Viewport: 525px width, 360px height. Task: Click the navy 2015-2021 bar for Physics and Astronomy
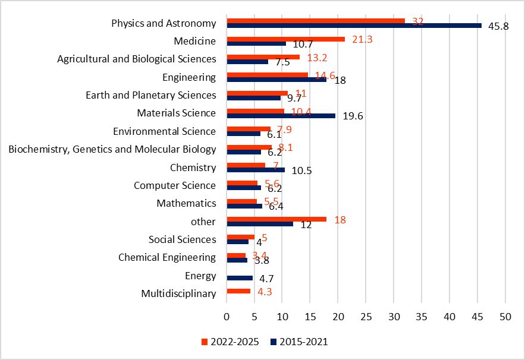pyautogui.click(x=354, y=26)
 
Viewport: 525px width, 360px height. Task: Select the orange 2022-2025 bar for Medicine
pyautogui.click(x=286, y=39)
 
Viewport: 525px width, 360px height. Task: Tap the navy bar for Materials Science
pyautogui.click(x=281, y=116)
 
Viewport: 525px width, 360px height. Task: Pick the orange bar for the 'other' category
pyautogui.click(x=276, y=219)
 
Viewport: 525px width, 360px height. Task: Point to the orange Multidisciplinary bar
pyautogui.click(x=239, y=291)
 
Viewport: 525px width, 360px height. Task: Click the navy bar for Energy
pyautogui.click(x=240, y=278)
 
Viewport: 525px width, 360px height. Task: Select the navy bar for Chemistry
pyautogui.click(x=256, y=170)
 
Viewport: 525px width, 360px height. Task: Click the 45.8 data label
pyautogui.click(x=498, y=27)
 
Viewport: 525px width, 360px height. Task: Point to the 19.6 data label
pyautogui.click(x=353, y=116)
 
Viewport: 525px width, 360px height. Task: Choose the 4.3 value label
pyautogui.click(x=265, y=292)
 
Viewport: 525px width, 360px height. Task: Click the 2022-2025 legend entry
pyautogui.click(x=231, y=342)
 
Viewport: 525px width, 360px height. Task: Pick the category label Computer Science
pyautogui.click(x=175, y=185)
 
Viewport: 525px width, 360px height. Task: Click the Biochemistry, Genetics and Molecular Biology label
pyautogui.click(x=112, y=149)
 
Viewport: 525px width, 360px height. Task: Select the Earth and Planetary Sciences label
pyautogui.click(x=151, y=95)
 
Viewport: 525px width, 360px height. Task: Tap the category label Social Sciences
pyautogui.click(x=182, y=239)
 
